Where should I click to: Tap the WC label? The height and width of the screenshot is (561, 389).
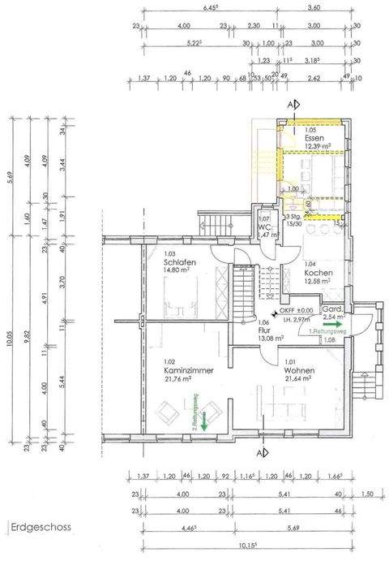click(264, 227)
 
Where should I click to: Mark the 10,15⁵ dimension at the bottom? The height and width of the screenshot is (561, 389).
click(246, 546)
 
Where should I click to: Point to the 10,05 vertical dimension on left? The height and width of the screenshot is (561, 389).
click(9, 309)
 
